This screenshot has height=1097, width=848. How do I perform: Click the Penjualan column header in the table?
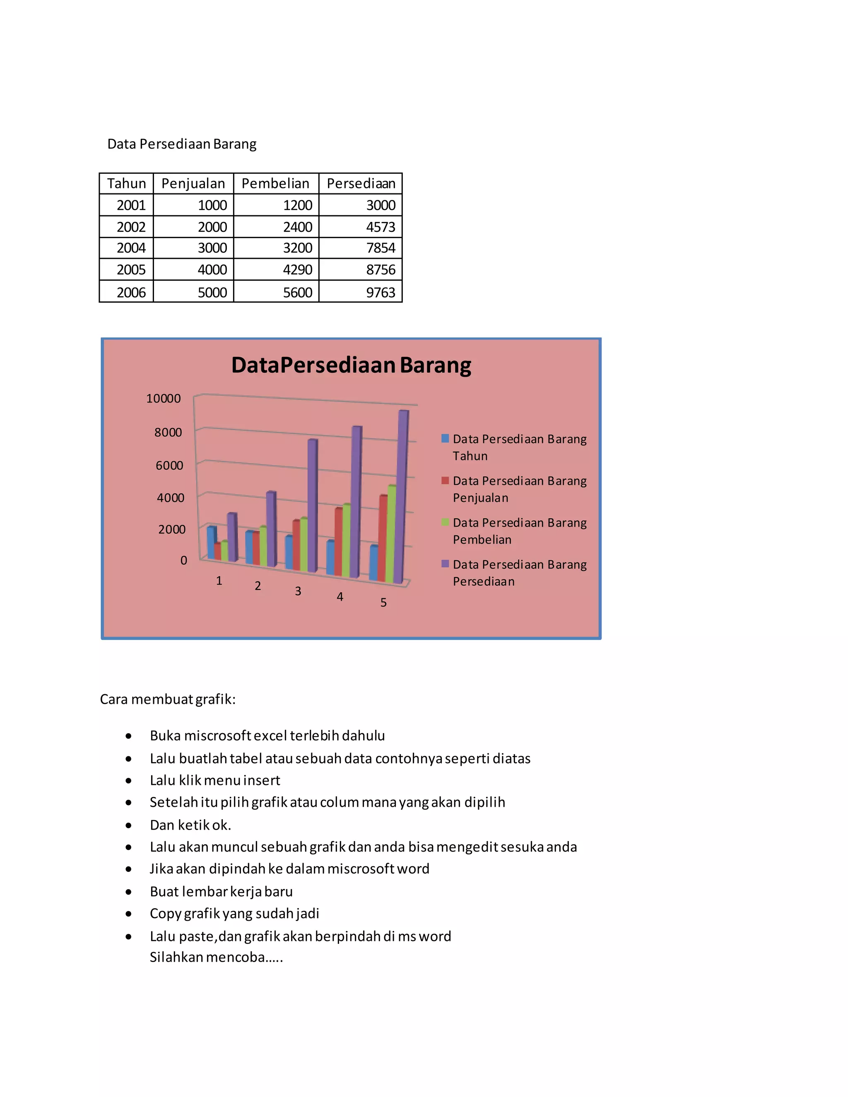(x=193, y=183)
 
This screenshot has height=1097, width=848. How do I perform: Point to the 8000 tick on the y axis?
(x=168, y=433)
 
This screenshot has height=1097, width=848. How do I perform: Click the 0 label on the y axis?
(x=183, y=561)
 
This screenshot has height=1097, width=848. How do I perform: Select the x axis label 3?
(x=298, y=591)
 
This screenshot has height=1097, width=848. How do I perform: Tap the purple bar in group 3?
(x=312, y=505)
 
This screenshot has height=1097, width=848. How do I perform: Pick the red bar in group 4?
(x=338, y=542)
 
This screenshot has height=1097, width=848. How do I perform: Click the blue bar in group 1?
(x=211, y=542)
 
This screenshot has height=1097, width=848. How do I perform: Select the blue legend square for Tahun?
(x=445, y=438)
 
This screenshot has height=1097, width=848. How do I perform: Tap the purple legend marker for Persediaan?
(x=445, y=563)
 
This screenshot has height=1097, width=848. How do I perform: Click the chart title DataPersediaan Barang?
(x=351, y=365)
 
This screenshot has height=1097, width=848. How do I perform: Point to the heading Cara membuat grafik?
(x=168, y=699)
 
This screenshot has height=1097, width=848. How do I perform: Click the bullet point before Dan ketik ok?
(x=129, y=825)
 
